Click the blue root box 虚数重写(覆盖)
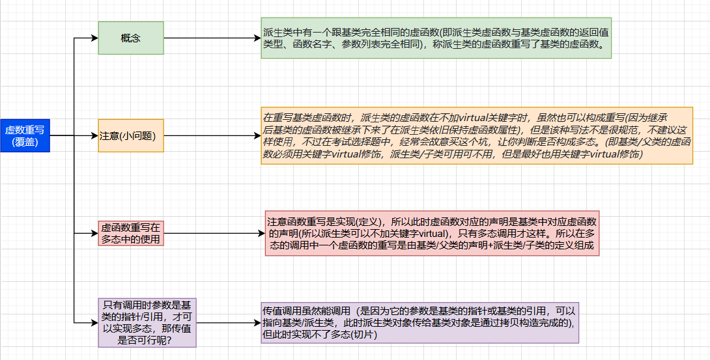[x=25, y=135]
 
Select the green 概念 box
[x=130, y=38]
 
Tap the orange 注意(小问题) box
[x=130, y=135]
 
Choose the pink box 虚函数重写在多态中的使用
[x=130, y=233]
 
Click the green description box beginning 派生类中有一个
[x=436, y=38]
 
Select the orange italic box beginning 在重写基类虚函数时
[x=477, y=135]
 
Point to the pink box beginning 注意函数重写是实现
[x=432, y=233]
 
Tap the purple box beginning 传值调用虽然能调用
[x=419, y=323]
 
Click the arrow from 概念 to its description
[x=212, y=38]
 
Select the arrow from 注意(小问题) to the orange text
[x=212, y=135]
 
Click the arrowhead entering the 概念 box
[x=94, y=38]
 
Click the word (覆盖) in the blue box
[x=25, y=142]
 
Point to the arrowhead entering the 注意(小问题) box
[x=94, y=135]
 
